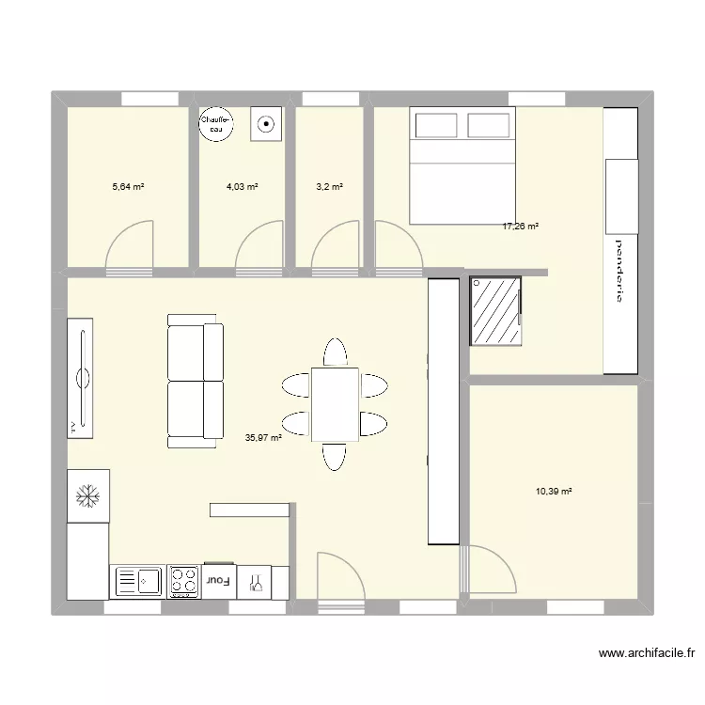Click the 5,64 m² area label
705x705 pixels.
pyautogui.click(x=128, y=187)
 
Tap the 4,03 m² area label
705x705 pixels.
pyautogui.click(x=242, y=187)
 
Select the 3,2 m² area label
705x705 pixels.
pyautogui.click(x=329, y=187)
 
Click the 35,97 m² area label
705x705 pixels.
pyautogui.click(x=263, y=437)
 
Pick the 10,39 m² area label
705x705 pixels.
pyautogui.click(x=555, y=491)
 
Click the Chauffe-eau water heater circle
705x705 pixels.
pyautogui.click(x=217, y=123)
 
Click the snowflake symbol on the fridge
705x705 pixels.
pyautogui.click(x=87, y=494)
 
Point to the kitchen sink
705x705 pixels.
pyautogui.click(x=137, y=582)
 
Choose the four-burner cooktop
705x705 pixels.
pyautogui.click(x=183, y=582)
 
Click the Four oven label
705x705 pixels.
pyautogui.click(x=219, y=582)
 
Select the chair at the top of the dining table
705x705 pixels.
pyautogui.click(x=334, y=352)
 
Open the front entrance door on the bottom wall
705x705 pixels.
pyautogui.click(x=340, y=575)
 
